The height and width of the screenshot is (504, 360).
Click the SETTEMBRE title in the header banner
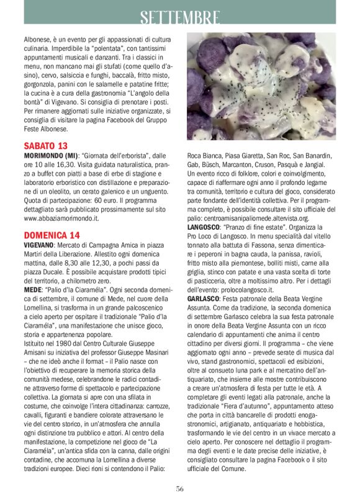click(x=179, y=17)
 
